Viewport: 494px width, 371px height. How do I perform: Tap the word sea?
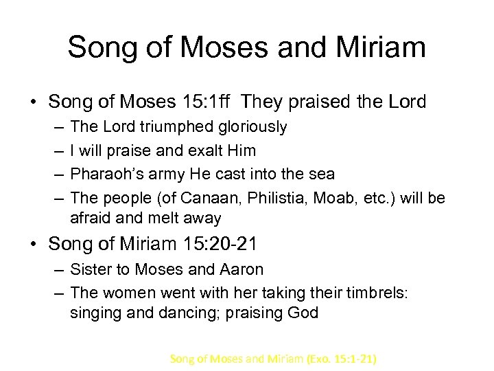tap(320, 175)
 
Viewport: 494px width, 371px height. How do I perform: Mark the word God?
tap(303, 313)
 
